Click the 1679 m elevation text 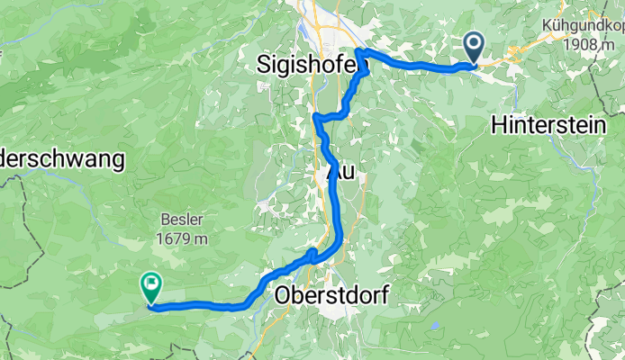pos(180,238)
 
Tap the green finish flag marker pos(149,286)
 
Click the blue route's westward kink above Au pos(316,117)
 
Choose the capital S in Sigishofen pos(264,65)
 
